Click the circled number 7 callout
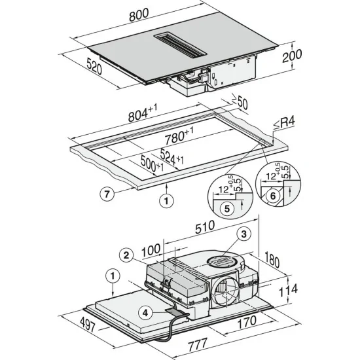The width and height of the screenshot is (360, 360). [x=110, y=193]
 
